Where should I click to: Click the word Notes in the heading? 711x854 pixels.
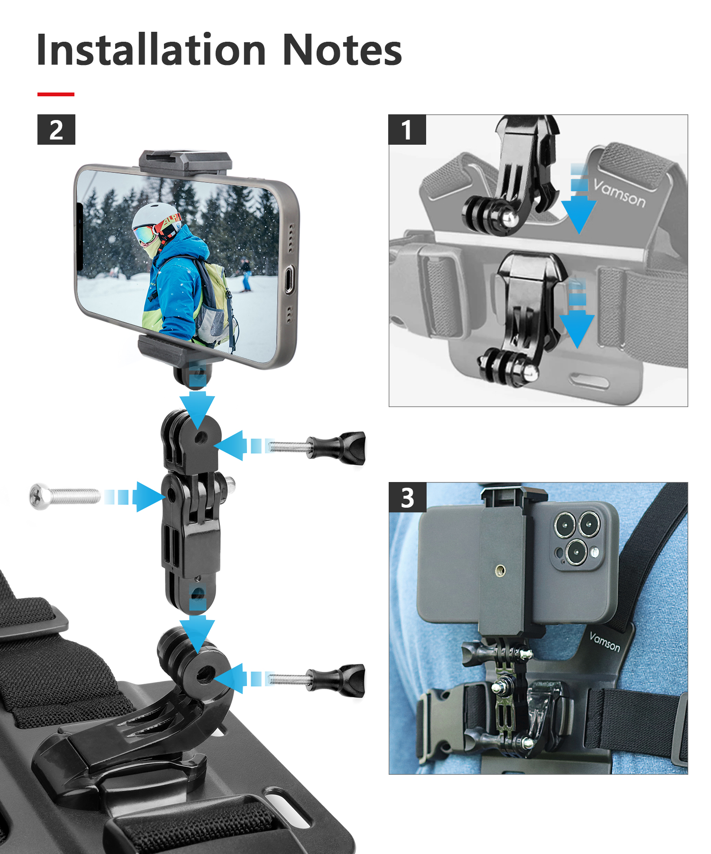click(x=342, y=50)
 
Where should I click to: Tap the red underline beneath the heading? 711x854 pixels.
click(x=56, y=94)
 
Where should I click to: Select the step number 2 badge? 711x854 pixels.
click(x=56, y=130)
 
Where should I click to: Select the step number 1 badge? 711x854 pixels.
click(x=407, y=130)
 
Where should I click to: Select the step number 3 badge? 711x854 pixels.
click(x=408, y=498)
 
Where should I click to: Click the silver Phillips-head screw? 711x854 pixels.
click(x=64, y=497)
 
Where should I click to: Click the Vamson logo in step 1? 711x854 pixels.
click(x=619, y=194)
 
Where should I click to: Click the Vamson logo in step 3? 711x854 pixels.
click(x=604, y=641)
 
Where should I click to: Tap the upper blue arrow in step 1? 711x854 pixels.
click(x=579, y=199)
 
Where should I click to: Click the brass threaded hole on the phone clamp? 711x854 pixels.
click(x=500, y=570)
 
